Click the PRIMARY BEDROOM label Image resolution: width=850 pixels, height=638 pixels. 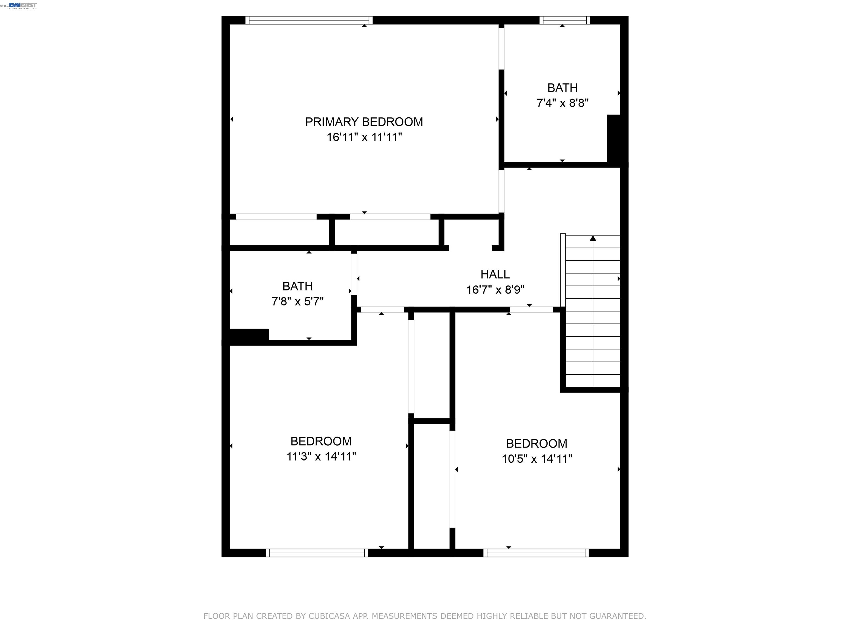tap(364, 122)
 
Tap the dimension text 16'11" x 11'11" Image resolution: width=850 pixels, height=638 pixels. tap(364, 137)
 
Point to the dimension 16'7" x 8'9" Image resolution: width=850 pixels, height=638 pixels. tap(495, 290)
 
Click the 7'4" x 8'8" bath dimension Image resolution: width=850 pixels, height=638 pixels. tap(562, 103)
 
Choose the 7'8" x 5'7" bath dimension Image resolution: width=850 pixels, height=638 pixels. tap(297, 302)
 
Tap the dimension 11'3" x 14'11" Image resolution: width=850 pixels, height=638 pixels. tap(321, 456)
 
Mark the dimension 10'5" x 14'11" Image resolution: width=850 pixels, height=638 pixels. tap(537, 459)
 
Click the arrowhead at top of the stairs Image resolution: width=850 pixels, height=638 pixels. tap(593, 238)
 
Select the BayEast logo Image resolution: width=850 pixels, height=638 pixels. tap(23, 5)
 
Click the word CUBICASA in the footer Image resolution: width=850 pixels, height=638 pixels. tap(329, 616)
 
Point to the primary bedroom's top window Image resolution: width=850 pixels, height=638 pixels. tap(309, 20)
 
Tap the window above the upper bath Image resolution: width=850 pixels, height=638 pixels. tap(564, 20)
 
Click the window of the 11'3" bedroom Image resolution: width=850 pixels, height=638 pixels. tap(317, 553)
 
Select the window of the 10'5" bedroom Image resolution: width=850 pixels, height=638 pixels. tap(536, 553)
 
